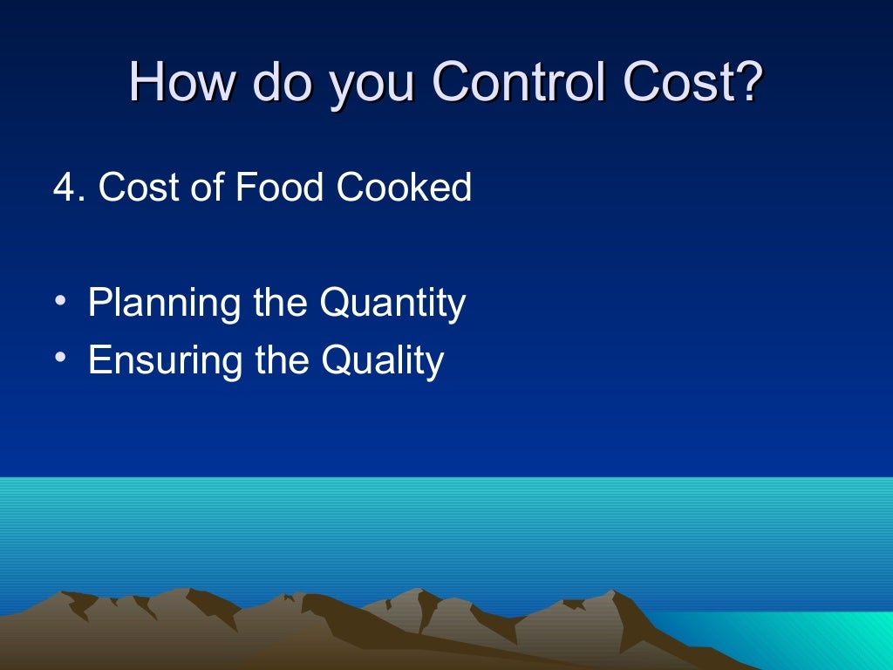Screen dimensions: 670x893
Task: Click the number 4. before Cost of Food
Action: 69,188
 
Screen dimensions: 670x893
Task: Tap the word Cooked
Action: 404,188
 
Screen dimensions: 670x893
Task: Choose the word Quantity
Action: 392,304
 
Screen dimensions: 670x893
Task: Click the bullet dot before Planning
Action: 59,302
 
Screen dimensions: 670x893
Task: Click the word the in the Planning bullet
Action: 280,303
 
